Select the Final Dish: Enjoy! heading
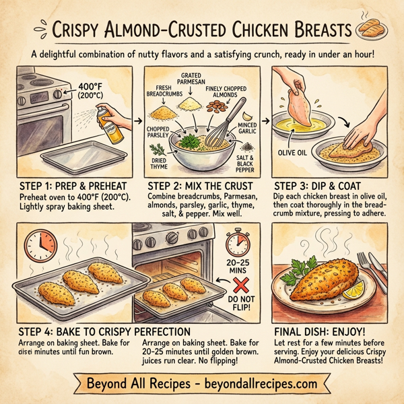point(320,331)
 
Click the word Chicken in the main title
point(261,31)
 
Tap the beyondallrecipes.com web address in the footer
point(259,384)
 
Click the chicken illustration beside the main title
point(374,28)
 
